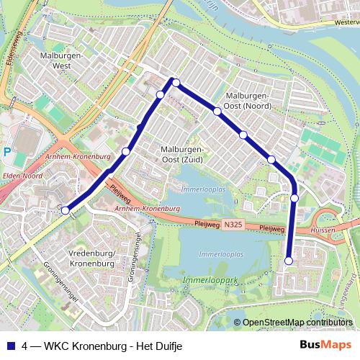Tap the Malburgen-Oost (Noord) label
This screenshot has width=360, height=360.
(248, 101)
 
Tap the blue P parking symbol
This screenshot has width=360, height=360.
(6, 152)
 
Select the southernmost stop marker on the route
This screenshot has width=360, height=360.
(289, 261)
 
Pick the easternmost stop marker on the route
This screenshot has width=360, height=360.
(294, 197)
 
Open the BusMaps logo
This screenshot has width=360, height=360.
(326, 345)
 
